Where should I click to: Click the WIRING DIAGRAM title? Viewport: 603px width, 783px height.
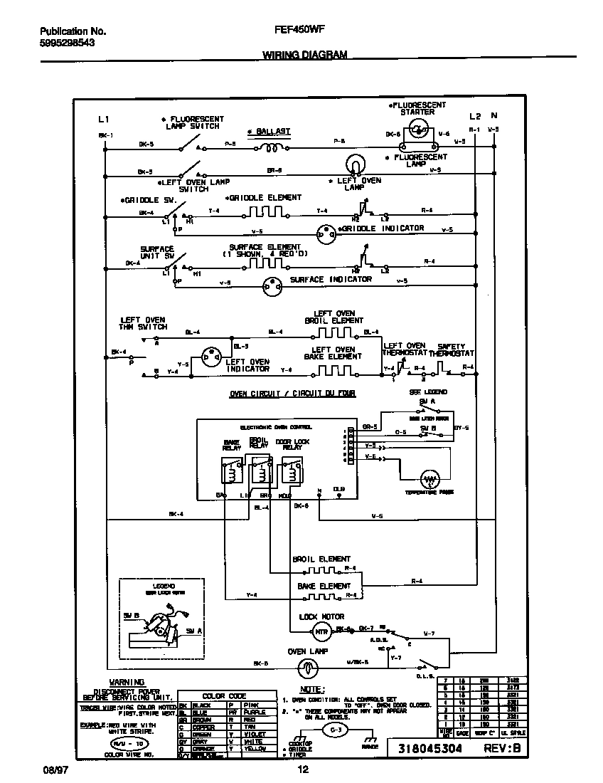[305, 54]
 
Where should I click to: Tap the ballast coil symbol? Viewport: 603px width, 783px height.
[270, 148]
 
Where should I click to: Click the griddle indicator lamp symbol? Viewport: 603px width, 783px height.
[326, 232]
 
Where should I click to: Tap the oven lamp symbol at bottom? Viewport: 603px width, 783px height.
[306, 667]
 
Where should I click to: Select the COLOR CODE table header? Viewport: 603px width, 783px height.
[224, 696]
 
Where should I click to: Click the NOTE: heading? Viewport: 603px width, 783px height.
[313, 690]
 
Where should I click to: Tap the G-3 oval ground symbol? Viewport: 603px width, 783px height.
[331, 730]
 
